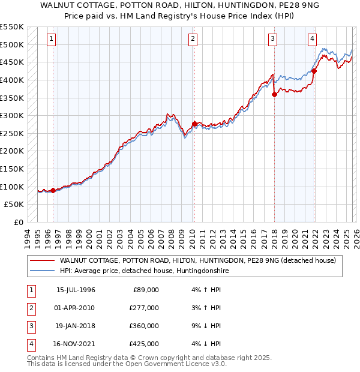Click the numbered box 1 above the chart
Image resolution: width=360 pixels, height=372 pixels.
[52, 40]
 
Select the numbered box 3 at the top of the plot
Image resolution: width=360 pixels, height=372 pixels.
[272, 40]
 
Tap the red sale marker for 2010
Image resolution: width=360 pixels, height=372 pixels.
[194, 124]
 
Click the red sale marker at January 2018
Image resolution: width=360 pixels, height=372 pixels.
[274, 94]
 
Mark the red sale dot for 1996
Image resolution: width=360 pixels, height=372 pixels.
[53, 191]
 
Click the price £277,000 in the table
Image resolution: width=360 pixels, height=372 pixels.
[144, 308]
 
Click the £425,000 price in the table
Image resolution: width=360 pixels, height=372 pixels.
[144, 344]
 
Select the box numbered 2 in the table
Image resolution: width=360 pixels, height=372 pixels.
[30, 308]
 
